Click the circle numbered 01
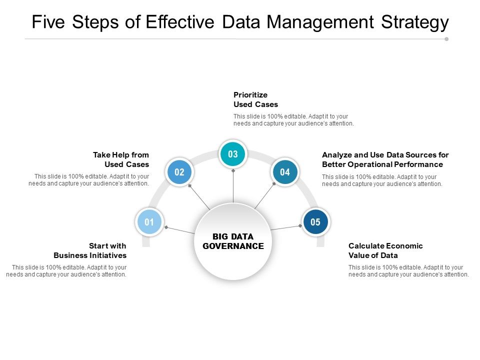click(149, 222)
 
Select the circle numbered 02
click(179, 172)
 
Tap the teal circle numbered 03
click(233, 154)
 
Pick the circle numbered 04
click(285, 172)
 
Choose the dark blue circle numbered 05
click(315, 222)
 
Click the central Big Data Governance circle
click(233, 241)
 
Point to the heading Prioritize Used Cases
click(255, 99)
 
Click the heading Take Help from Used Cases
click(121, 159)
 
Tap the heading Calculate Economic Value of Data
click(385, 250)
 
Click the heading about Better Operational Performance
click(385, 159)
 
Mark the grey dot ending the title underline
click(446, 38)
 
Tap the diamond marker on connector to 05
click(300, 225)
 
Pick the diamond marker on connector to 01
click(165, 227)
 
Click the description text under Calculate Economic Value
click(408, 270)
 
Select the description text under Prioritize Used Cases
click(293, 119)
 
